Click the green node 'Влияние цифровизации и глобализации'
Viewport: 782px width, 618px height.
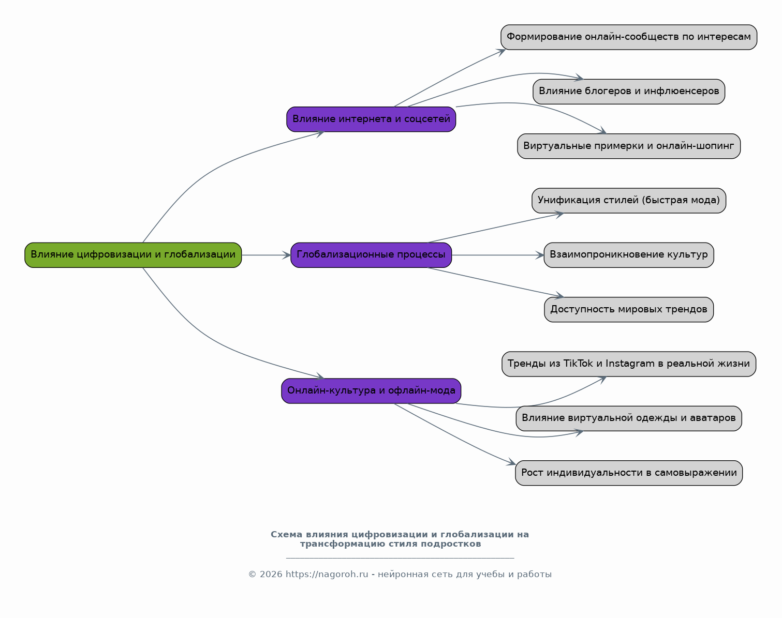(133, 255)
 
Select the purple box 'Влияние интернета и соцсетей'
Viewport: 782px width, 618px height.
(371, 119)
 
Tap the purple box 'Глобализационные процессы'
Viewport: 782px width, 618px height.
(371, 255)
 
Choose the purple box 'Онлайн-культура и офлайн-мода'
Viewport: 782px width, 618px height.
(371, 391)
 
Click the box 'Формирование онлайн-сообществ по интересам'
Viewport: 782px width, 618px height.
(629, 37)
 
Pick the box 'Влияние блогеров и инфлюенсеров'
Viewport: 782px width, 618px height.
(629, 92)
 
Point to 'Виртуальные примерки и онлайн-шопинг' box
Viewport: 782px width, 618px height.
(629, 146)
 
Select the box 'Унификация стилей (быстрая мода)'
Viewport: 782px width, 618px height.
(629, 201)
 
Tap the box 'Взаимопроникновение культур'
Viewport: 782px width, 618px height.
(629, 255)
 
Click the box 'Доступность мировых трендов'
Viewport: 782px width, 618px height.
(629, 310)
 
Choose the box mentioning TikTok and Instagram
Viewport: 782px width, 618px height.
(629, 364)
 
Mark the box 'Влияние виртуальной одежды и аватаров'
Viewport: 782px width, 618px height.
(629, 419)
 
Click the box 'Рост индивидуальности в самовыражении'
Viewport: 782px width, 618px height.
(629, 473)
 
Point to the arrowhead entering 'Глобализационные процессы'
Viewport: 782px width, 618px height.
(287, 255)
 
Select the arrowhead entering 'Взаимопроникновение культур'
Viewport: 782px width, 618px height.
(540, 255)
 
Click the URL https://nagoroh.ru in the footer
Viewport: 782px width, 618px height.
(327, 575)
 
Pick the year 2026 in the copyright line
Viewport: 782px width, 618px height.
(271, 575)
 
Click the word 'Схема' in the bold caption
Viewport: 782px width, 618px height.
(286, 535)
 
